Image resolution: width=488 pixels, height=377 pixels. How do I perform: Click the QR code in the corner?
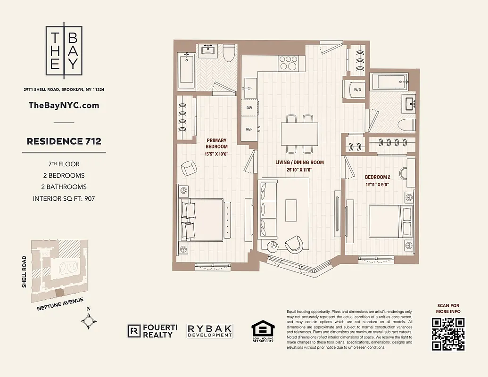pyautogui.click(x=448, y=334)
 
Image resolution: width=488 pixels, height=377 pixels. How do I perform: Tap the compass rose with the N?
pyautogui.click(x=89, y=321)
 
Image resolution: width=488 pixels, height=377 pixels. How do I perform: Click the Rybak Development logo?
pyautogui.click(x=210, y=331)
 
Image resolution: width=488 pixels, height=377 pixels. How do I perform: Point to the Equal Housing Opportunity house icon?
pyautogui.click(x=262, y=329)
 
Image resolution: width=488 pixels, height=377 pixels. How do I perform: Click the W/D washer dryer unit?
pyautogui.click(x=357, y=90)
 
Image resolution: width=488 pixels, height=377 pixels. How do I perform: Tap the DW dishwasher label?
pyautogui.click(x=249, y=108)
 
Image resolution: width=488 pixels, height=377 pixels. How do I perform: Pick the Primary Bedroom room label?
pyautogui.click(x=216, y=143)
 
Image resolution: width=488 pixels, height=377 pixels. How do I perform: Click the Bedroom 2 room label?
pyautogui.click(x=377, y=177)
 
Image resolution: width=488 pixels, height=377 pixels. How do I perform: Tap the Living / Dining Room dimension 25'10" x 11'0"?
pyautogui.click(x=300, y=170)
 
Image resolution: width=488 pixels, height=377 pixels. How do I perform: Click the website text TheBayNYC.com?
pyautogui.click(x=64, y=105)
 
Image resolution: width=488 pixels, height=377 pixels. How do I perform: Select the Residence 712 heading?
pyautogui.click(x=64, y=141)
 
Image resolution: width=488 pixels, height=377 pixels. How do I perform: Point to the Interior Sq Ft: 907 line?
pyautogui.click(x=64, y=198)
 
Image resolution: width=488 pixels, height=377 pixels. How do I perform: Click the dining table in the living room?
pyautogui.click(x=299, y=134)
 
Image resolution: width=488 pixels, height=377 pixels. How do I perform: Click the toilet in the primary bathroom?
pyautogui.click(x=229, y=54)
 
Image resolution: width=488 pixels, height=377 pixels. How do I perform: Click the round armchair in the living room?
pyautogui.click(x=294, y=243)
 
